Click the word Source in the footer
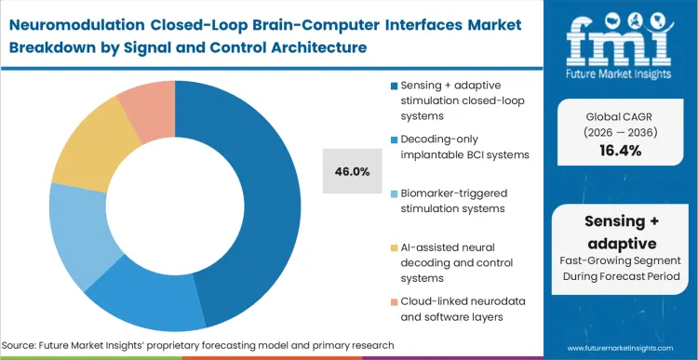(x=28, y=345)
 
